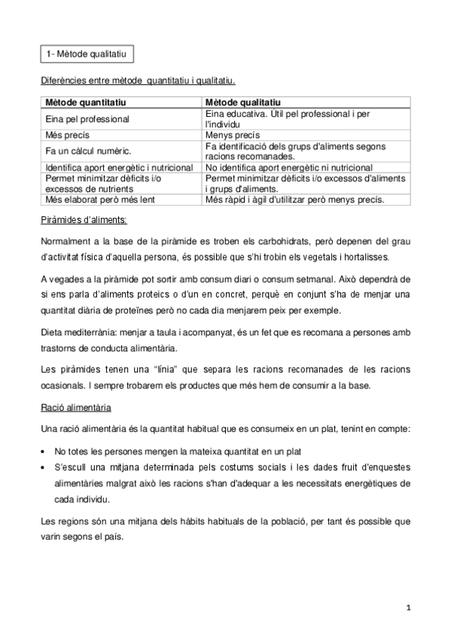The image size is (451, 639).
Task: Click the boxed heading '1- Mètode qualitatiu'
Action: pos(86,54)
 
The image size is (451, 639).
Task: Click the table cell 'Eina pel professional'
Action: pos(87,118)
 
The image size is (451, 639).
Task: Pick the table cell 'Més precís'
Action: pos(65,135)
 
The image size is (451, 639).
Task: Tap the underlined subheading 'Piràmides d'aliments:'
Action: pos(84,219)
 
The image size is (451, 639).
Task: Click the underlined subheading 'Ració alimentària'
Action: pos(77,408)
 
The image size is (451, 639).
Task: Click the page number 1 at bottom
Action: pos(407,605)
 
